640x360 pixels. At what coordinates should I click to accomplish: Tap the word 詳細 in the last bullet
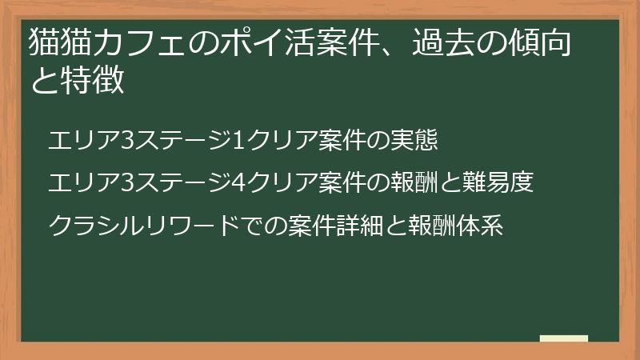pos(379,225)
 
